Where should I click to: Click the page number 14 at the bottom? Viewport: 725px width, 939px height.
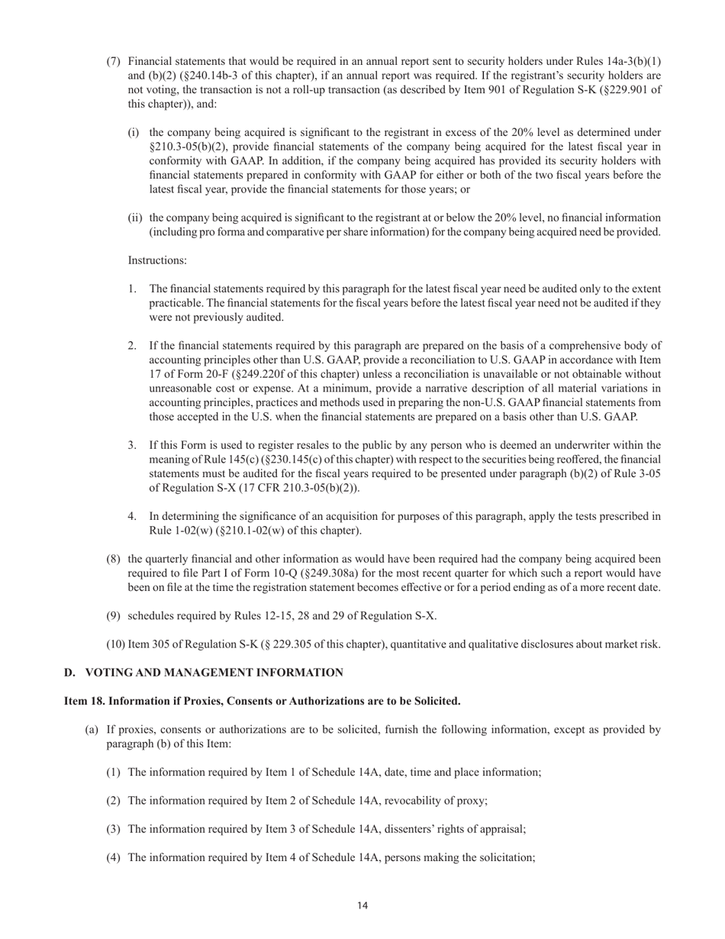coord(362,905)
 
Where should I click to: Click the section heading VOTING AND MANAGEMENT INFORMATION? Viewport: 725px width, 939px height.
coord(214,673)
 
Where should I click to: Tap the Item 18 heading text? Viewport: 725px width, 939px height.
coord(262,701)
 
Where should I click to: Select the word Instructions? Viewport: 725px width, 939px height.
coord(157,260)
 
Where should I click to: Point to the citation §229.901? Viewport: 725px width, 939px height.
coord(619,90)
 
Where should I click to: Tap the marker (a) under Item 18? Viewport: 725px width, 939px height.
coord(92,730)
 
